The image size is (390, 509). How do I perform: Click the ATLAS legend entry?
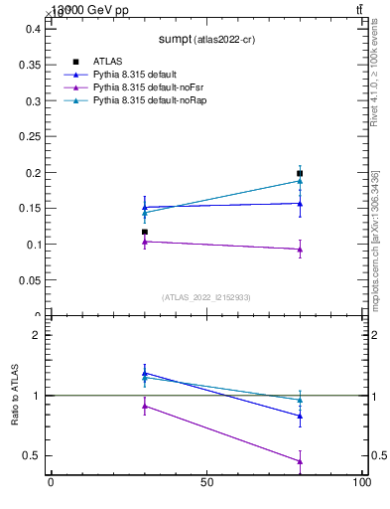click(x=107, y=62)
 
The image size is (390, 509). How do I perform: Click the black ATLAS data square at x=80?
click(x=300, y=173)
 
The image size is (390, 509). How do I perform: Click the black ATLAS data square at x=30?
click(x=145, y=232)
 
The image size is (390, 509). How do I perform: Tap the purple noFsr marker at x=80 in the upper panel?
click(x=300, y=250)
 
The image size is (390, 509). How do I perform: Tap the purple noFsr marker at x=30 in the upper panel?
click(x=145, y=242)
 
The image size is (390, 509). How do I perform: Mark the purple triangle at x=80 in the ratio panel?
click(x=300, y=461)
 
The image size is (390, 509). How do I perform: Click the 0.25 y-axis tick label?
click(x=31, y=136)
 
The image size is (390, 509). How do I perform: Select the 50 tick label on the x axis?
click(x=206, y=483)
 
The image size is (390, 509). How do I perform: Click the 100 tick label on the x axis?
click(x=362, y=483)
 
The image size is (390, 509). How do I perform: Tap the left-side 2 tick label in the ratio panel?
click(x=37, y=335)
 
